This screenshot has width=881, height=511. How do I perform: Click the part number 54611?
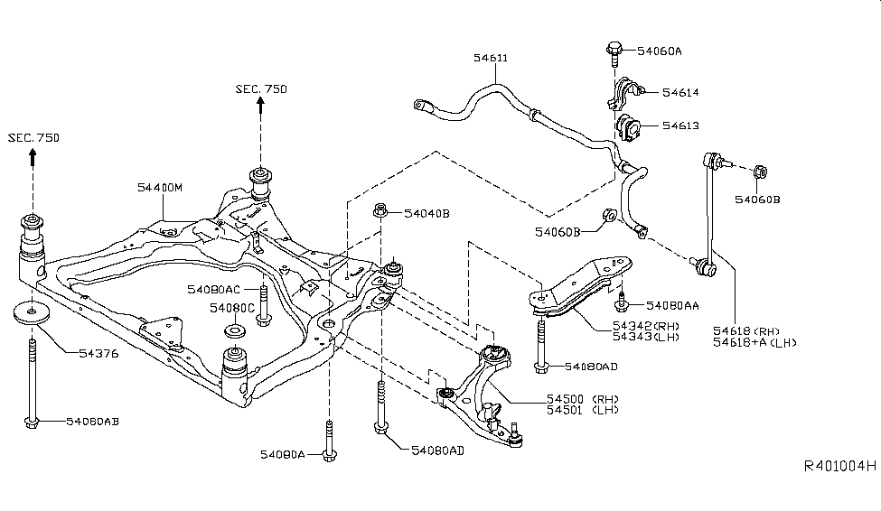click(x=491, y=58)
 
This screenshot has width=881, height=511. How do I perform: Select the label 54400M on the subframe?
click(x=161, y=188)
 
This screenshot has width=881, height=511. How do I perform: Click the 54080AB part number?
click(x=93, y=422)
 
